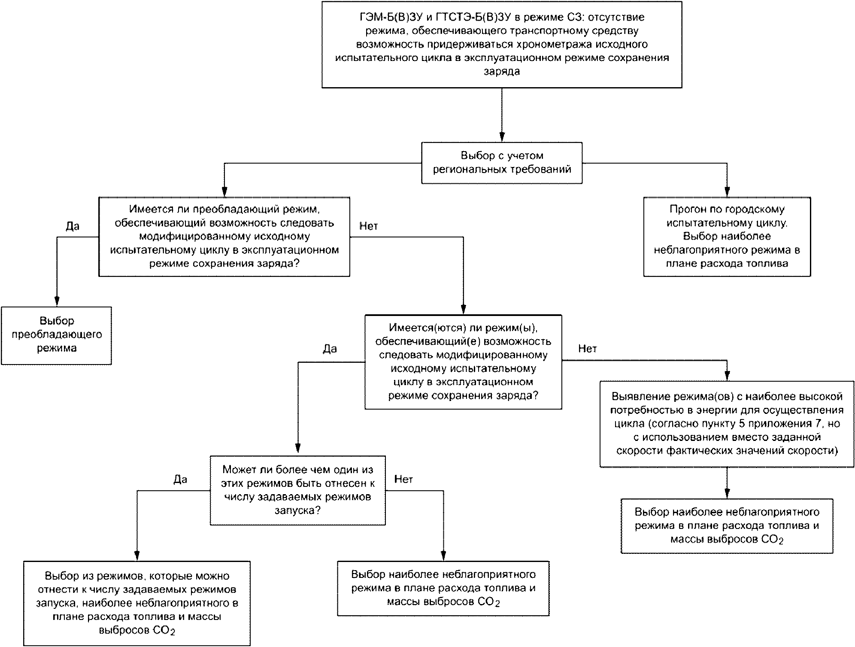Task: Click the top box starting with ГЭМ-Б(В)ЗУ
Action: pyautogui.click(x=502, y=45)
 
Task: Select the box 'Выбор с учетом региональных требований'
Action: pyautogui.click(x=502, y=163)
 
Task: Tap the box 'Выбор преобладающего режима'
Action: pyautogui.click(x=56, y=336)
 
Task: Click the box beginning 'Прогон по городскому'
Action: pyautogui.click(x=727, y=237)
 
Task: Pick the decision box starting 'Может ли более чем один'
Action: pyautogui.click(x=297, y=490)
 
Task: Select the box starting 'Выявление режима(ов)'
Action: pyautogui.click(x=727, y=424)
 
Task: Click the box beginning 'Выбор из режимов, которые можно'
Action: pyautogui.click(x=137, y=603)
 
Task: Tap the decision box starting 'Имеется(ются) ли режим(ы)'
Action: pyautogui.click(x=463, y=362)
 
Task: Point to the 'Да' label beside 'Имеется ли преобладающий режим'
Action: pyautogui.click(x=73, y=226)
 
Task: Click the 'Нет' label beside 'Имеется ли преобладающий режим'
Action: pyautogui.click(x=369, y=226)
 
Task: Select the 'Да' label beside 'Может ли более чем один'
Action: pyautogui.click(x=180, y=480)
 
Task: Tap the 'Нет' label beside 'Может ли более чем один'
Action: pyautogui.click(x=403, y=480)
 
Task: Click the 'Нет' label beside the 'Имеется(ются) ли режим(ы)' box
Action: pyautogui.click(x=588, y=349)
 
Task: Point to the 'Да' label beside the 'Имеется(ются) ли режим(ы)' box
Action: pyautogui.click(x=330, y=349)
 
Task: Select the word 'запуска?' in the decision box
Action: pyautogui.click(x=297, y=511)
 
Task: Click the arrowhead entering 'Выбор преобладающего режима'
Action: pyautogui.click(x=56, y=302)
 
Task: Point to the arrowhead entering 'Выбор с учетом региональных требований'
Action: pyautogui.click(x=502, y=138)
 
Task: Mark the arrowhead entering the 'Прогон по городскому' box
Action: pyautogui.click(x=727, y=192)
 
